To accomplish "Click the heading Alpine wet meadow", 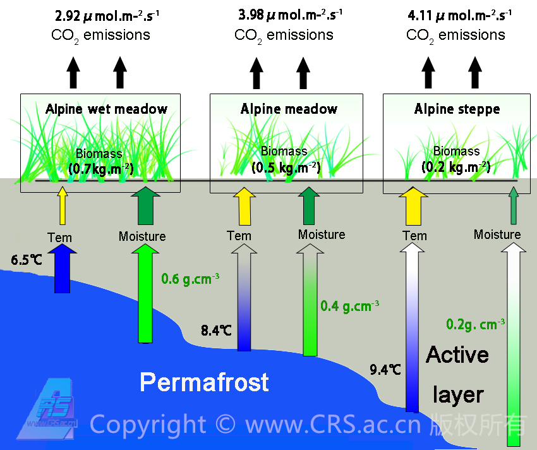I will (106, 109).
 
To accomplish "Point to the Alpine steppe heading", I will (457, 109).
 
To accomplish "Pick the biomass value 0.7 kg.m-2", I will (100, 167).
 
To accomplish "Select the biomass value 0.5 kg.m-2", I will (286, 167).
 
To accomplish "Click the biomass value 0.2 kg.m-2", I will (456, 167).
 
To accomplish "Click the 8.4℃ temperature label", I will (216, 331).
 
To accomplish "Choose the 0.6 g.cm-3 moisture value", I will (190, 277).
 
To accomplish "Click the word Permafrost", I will (204, 382).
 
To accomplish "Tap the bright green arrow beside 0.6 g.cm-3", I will (145, 294).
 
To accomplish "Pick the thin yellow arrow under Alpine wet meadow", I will (62, 208).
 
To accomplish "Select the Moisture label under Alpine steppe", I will (497, 235).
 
